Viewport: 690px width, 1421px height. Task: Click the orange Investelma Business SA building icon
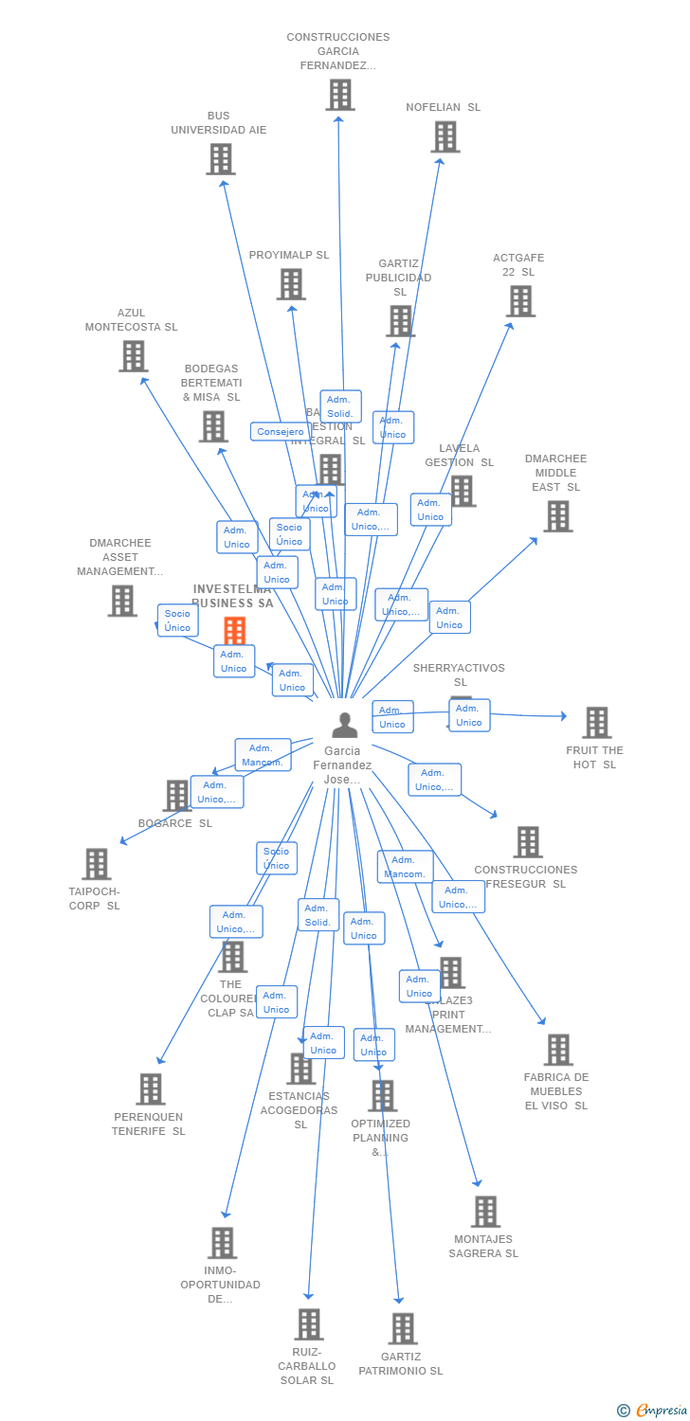[x=234, y=630]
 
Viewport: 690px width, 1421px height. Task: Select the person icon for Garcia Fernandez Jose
[x=345, y=725]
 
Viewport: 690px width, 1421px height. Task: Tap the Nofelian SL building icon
[x=445, y=136]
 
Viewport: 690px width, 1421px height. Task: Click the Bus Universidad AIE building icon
[x=221, y=158]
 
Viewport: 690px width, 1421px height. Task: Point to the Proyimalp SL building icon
[x=291, y=283]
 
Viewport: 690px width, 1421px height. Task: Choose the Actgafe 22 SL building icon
[x=520, y=300]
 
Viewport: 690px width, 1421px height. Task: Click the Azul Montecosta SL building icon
[x=133, y=355]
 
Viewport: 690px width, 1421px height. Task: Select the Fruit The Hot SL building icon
[x=596, y=722]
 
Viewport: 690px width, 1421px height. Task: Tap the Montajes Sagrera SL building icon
[x=485, y=1211]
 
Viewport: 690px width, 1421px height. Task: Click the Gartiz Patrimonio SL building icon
[x=403, y=1328]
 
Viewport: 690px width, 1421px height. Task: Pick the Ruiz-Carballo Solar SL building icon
[x=309, y=1323]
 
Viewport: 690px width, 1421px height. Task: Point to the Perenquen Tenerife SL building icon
[x=151, y=1088]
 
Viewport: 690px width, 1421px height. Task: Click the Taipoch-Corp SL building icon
[x=97, y=863]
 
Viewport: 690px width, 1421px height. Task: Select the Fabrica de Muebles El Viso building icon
[x=558, y=1049]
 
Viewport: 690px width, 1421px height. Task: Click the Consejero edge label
[x=281, y=431]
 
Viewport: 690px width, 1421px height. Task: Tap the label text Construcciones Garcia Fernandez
[x=338, y=51]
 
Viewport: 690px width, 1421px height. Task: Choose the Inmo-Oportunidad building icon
[x=222, y=1242]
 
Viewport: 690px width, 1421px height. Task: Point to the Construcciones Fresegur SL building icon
[x=528, y=841]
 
